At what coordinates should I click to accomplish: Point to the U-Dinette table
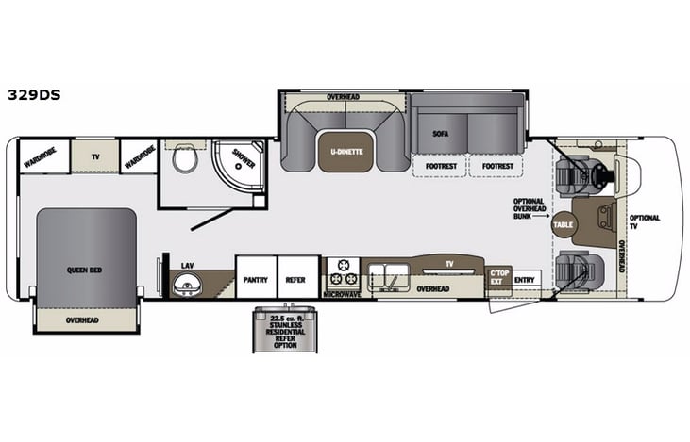coord(346,153)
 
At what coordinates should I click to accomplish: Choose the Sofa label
coord(439,134)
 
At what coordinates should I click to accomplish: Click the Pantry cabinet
coord(255,279)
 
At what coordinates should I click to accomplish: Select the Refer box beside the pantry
coord(296,279)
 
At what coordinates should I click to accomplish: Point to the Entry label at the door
coord(524,280)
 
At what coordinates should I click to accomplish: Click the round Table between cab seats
coord(564,225)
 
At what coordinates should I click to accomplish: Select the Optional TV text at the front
coord(645,222)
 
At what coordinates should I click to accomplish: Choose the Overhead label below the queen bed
coord(82,320)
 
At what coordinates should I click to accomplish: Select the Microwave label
coord(342,295)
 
